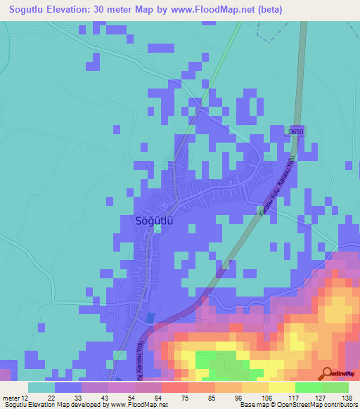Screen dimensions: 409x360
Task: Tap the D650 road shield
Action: [x=295, y=131]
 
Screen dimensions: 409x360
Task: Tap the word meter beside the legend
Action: [x=12, y=398]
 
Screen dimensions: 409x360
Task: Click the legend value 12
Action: [x=25, y=398]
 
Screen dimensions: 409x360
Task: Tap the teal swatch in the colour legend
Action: [x=41, y=387]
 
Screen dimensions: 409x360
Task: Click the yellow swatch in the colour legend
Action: [x=282, y=387]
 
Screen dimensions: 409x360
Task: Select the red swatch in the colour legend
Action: [x=175, y=387]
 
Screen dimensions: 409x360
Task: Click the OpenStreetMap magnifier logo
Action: [x=328, y=372]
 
